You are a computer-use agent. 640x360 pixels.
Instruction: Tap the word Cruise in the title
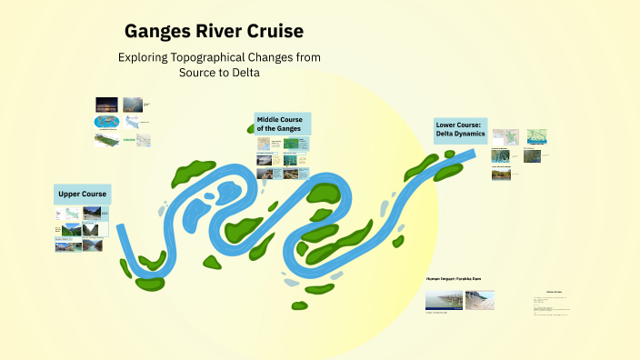272,31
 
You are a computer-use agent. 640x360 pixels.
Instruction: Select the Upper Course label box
83,194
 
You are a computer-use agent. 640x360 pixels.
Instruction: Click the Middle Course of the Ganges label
282,124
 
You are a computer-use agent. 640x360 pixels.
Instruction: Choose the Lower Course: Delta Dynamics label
460,129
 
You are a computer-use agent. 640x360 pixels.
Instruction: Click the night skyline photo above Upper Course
106,105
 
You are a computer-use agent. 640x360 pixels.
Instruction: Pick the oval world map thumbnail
106,122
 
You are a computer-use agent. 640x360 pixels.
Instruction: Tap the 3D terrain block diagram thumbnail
106,140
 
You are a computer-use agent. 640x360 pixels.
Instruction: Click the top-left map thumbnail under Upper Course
68,215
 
